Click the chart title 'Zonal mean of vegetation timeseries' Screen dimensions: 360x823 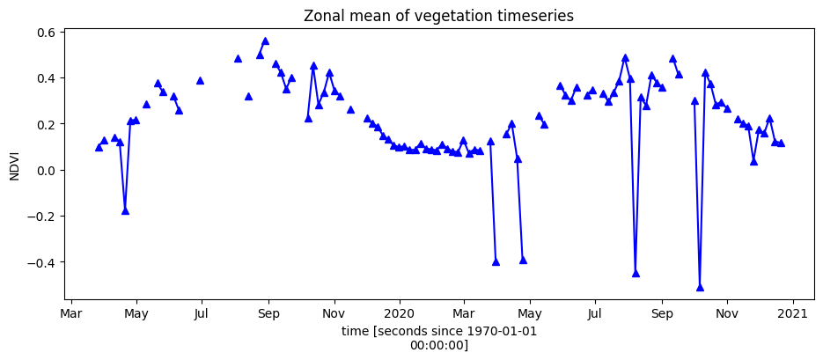[x=438, y=16]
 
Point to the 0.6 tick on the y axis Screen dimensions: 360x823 [x=45, y=33]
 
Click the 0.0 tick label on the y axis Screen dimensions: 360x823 [x=45, y=170]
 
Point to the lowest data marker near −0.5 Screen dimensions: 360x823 [x=700, y=287]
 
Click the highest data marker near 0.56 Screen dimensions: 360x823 [x=265, y=41]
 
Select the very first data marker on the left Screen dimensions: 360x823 [x=99, y=147]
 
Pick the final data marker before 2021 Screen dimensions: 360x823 [x=781, y=143]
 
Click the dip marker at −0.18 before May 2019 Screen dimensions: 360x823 [x=125, y=210]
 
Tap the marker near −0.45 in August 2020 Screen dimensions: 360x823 [x=636, y=273]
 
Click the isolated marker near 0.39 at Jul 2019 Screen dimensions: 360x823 [x=200, y=80]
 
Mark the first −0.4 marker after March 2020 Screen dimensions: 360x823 [x=496, y=261]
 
